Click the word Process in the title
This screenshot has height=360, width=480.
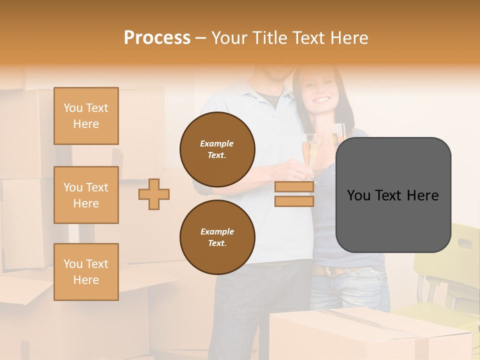[x=157, y=37]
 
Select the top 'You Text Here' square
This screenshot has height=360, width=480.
[x=86, y=116]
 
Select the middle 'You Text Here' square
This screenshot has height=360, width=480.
[x=86, y=195]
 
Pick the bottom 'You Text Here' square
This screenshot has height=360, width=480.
[x=86, y=272]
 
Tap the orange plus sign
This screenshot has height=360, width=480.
[x=154, y=194]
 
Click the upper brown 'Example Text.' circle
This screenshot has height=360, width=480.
[x=217, y=149]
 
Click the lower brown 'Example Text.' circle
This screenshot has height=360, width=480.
[x=217, y=237]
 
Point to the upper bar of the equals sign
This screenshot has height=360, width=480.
[x=294, y=187]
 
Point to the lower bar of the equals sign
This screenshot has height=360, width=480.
[x=294, y=201]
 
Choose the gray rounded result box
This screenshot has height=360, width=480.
[x=393, y=195]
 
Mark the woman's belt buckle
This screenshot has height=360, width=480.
[x=330, y=271]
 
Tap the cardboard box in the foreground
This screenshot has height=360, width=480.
[x=370, y=335]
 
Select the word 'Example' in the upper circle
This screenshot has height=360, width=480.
[x=217, y=143]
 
